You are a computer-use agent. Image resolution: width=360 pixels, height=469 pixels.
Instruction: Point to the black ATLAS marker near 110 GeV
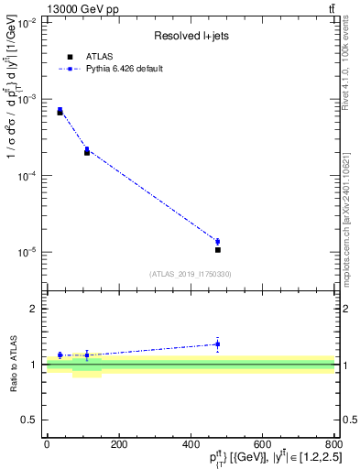pos(87,152)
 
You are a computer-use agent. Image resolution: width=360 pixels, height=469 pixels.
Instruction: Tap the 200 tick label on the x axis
pos(118,444)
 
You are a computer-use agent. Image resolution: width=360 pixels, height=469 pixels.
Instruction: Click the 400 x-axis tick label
pos(191,444)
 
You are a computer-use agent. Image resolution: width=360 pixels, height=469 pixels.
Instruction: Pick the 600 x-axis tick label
pos(263,444)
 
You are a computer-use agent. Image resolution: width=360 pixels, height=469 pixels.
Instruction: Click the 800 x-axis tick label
pos(334,444)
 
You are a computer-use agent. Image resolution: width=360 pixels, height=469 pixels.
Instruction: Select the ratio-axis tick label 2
pos(34,309)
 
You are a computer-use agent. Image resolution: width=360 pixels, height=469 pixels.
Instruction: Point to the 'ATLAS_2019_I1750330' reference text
pos(190,274)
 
